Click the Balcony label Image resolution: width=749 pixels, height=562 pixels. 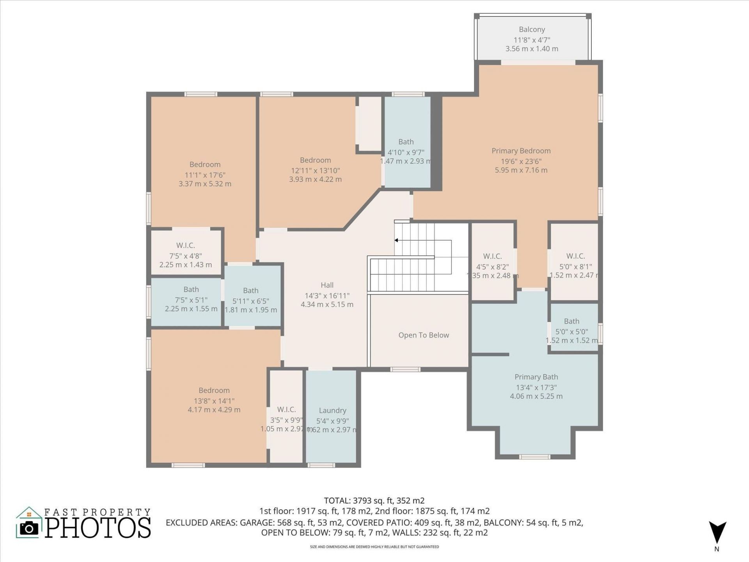pos(532,30)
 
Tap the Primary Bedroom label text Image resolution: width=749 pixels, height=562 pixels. pos(521,151)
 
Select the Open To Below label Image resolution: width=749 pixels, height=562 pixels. pos(424,335)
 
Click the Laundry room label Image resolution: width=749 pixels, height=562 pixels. pos(332,411)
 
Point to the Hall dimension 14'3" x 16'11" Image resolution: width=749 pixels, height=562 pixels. pos(327,296)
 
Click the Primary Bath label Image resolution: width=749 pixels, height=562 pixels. pos(536,377)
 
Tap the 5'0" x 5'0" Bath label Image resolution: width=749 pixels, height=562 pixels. pos(572,322)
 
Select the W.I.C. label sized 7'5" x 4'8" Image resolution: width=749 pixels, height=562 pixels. pos(185,245)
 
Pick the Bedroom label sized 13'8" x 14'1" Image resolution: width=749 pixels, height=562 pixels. pos(214,391)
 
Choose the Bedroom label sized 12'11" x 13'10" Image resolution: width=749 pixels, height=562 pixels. pos(315,160)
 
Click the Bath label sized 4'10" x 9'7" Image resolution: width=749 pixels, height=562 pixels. pos(406,142)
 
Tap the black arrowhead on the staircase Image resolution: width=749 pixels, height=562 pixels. pos(396,240)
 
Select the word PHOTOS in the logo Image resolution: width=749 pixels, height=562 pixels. pos(98,528)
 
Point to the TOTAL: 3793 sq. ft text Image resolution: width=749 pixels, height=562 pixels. pos(374,501)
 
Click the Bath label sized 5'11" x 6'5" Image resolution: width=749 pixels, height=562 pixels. pos(250,291)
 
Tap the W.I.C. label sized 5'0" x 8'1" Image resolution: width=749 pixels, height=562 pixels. pos(575,256)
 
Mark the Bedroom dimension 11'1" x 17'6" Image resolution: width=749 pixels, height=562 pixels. pos(205,175)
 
